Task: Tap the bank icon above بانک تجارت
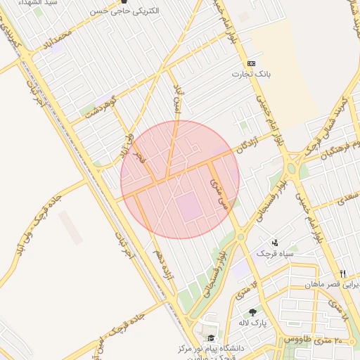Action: click(x=251, y=63)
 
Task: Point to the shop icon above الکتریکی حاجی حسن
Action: click(x=124, y=2)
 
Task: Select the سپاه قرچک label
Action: click(x=275, y=252)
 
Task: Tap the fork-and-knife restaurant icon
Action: click(x=343, y=274)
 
